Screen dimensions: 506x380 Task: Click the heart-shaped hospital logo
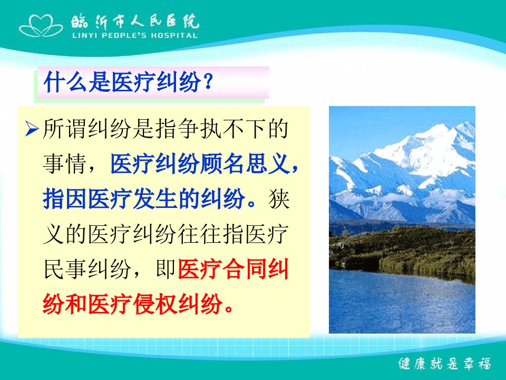[x=41, y=25]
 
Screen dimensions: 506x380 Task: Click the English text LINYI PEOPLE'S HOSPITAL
[x=135, y=35]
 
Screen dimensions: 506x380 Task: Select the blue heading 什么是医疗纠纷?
[x=128, y=82]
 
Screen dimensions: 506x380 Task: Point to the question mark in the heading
[x=208, y=82]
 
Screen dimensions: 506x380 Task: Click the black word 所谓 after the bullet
[x=65, y=129]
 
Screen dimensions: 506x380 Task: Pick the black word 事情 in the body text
[x=65, y=164]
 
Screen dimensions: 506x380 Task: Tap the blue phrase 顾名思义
[x=244, y=164]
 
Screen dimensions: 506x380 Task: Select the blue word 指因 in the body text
[x=65, y=198]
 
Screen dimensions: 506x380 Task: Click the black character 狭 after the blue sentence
[x=278, y=198]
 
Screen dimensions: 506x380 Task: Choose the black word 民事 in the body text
[x=65, y=269]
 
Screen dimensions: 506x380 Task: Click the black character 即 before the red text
[x=166, y=269]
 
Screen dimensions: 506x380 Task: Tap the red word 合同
[x=244, y=269]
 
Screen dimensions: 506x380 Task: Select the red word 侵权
[x=154, y=304]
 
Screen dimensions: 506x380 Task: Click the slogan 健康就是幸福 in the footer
[x=445, y=364]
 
